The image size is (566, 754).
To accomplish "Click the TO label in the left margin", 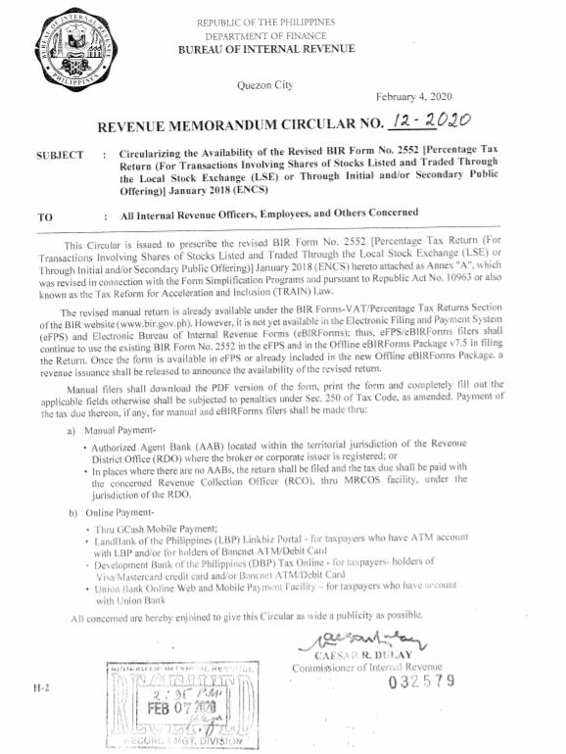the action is click(45, 216).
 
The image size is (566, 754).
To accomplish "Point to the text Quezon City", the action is click(264, 86).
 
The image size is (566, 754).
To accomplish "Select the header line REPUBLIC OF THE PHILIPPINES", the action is click(265, 22).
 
